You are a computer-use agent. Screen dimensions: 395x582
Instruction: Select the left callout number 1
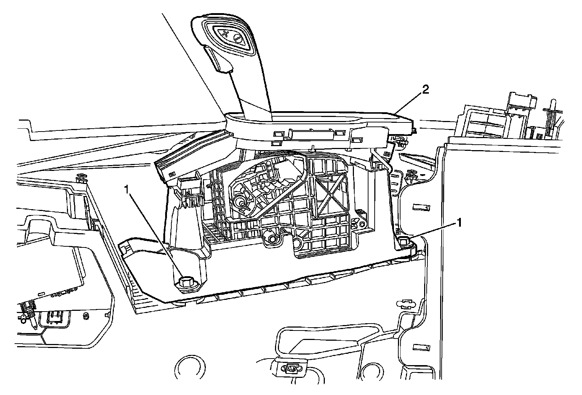(126, 189)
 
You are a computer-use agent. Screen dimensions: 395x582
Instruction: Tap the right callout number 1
(460, 223)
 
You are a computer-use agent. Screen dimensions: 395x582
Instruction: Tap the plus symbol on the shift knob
(225, 34)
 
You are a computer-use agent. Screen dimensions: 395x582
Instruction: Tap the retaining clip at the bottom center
(290, 370)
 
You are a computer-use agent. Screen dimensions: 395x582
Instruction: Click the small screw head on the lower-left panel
(86, 315)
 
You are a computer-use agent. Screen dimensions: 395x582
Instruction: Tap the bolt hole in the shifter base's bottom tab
(271, 239)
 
